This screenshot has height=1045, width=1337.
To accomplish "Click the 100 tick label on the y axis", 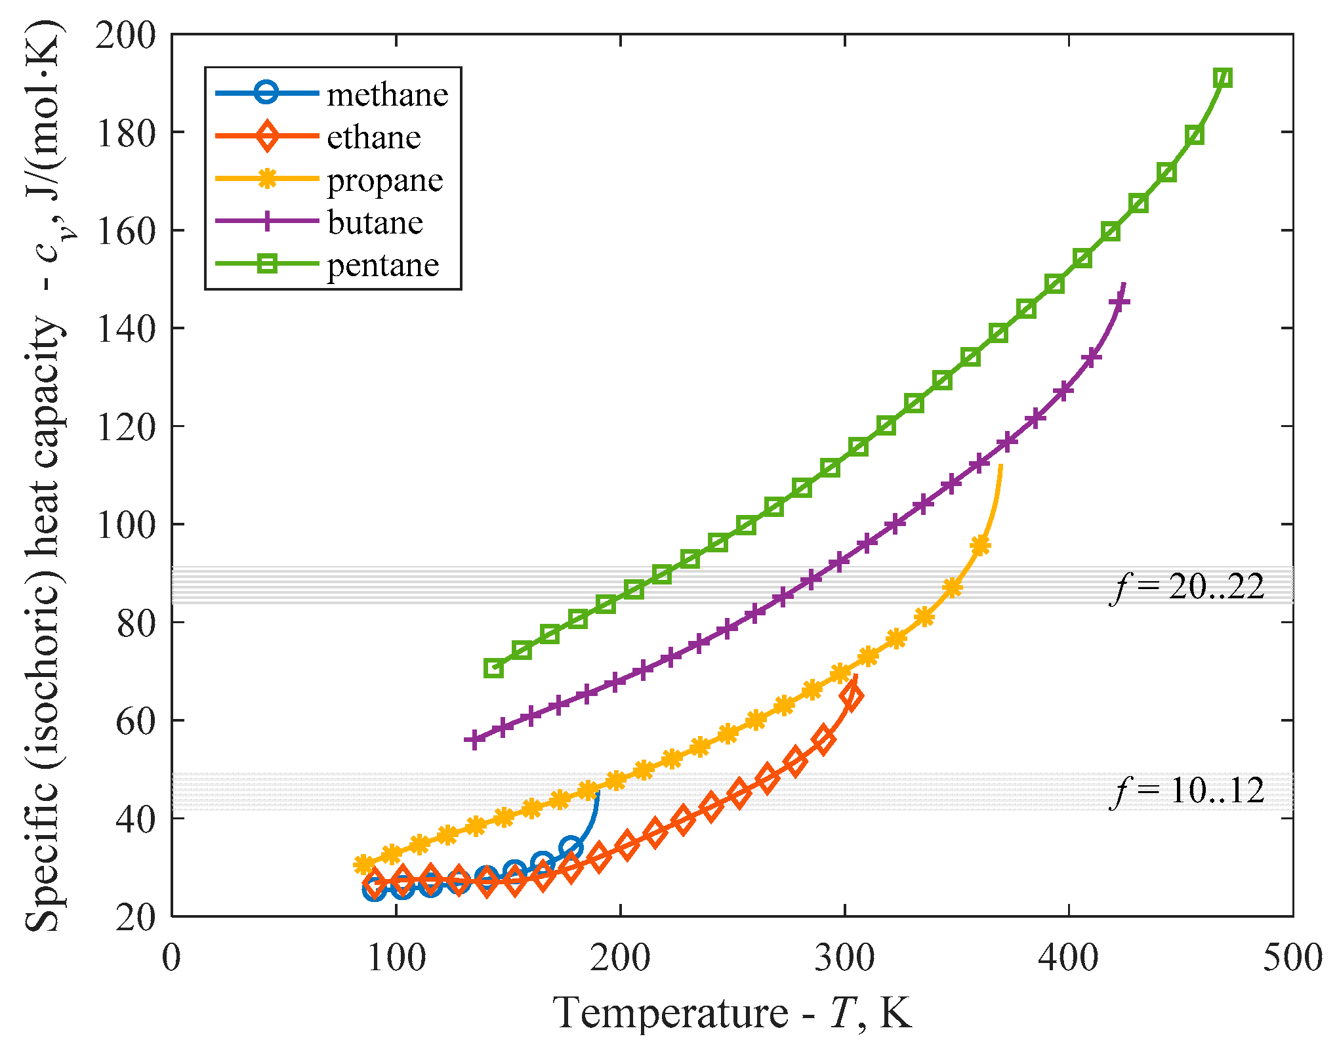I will [x=126, y=524].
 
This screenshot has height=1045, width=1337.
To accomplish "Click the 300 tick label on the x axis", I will [x=844, y=958].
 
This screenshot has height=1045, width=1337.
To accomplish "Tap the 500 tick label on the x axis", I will [x=1292, y=958].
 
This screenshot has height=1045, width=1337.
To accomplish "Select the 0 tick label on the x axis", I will [x=171, y=958].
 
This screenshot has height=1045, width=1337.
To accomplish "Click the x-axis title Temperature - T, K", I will [x=731, y=1012].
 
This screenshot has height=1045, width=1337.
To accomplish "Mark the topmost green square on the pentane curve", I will [x=1222, y=78].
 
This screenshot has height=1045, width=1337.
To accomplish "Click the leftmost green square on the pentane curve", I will [x=493, y=668].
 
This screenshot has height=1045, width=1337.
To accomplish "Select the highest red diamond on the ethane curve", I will [x=852, y=697].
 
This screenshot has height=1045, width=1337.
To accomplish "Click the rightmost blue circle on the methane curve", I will [x=571, y=848].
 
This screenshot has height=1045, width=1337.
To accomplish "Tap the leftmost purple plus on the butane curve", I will [x=474, y=739].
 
